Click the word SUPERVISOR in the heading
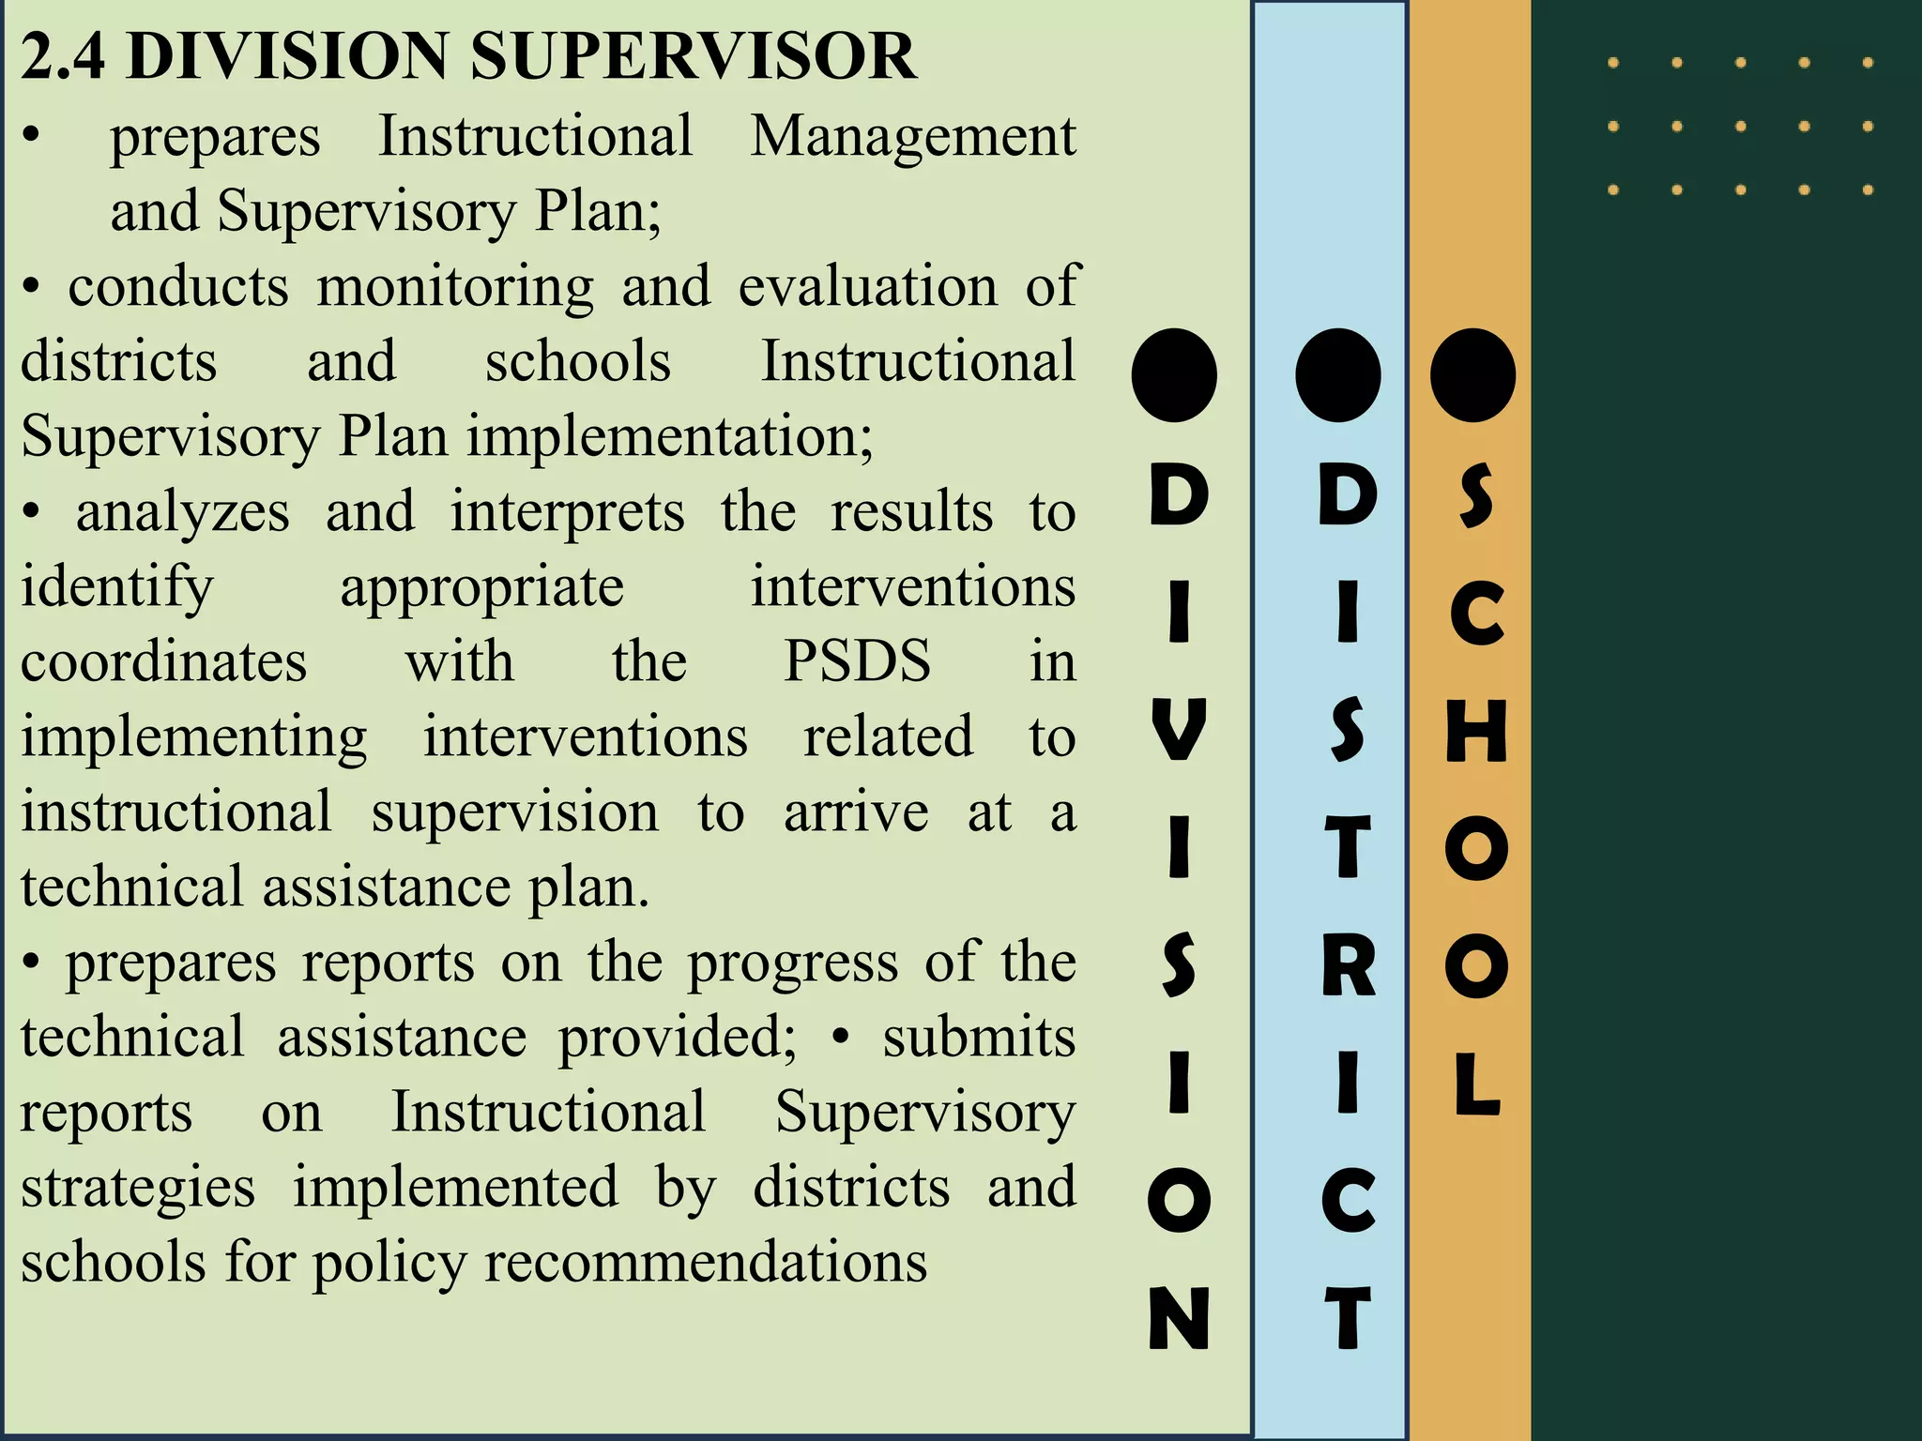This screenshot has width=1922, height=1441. [693, 56]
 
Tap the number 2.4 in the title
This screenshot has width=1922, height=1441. [62, 56]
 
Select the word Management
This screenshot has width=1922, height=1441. [912, 137]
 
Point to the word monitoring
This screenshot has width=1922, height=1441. [455, 286]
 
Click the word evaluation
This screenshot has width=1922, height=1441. [867, 286]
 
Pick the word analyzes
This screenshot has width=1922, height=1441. [183, 513]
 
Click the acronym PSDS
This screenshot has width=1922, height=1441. [857, 661]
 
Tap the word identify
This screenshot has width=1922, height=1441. [117, 588]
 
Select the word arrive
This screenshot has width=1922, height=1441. [856, 812]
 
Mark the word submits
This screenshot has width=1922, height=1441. [978, 1038]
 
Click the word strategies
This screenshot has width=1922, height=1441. [138, 1188]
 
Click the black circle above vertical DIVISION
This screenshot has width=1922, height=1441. [1174, 375]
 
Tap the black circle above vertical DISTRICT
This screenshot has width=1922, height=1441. [1337, 375]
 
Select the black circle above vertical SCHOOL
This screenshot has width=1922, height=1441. [1472, 375]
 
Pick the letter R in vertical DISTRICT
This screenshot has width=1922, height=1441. [1348, 965]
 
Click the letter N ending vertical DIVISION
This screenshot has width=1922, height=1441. [1179, 1317]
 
